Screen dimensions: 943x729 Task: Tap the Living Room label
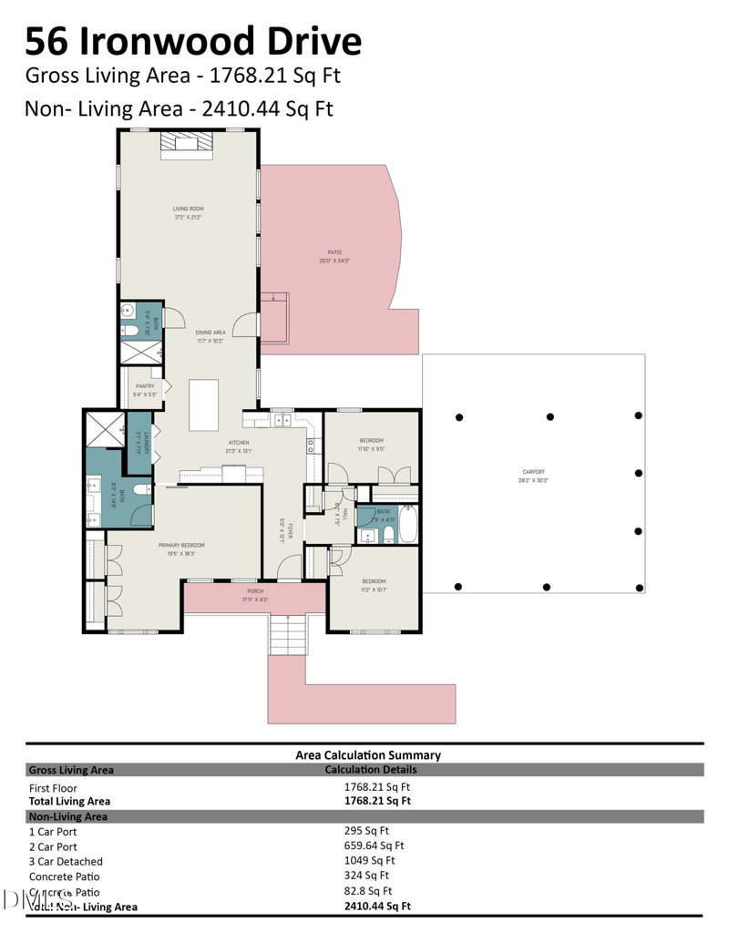click(x=189, y=212)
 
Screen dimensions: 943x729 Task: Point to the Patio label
click(x=334, y=256)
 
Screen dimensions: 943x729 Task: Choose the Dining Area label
click(x=210, y=336)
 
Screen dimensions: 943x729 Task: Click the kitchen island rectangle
click(x=204, y=405)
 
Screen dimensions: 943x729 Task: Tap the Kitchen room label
click(x=239, y=446)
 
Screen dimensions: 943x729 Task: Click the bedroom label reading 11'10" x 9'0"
click(x=371, y=444)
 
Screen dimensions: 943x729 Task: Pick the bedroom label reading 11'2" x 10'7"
click(x=374, y=585)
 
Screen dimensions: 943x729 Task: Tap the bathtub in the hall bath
click(x=407, y=527)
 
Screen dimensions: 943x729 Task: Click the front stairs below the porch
click(x=289, y=634)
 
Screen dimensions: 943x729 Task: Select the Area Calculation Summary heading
click(x=368, y=754)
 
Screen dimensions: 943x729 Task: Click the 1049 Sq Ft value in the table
click(x=369, y=860)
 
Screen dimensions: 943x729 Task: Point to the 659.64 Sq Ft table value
click(x=375, y=845)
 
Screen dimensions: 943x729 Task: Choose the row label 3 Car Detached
click(x=66, y=861)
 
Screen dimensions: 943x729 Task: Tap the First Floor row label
click(x=53, y=788)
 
